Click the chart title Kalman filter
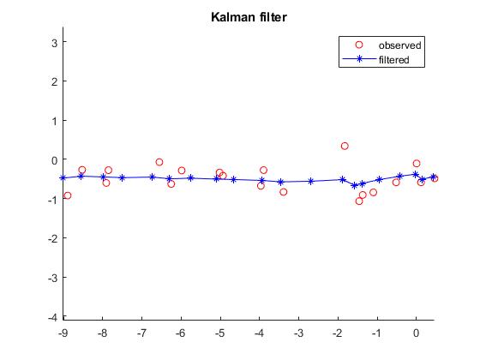(x=249, y=17)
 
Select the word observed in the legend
(x=399, y=45)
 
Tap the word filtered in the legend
(x=393, y=60)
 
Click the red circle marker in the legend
(x=359, y=45)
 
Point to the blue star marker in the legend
(x=359, y=59)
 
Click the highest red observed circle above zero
(x=345, y=146)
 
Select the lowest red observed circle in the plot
(x=359, y=201)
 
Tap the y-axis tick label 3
(x=55, y=43)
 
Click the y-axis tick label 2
(x=55, y=82)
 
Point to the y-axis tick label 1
(x=55, y=121)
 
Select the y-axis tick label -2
(x=52, y=239)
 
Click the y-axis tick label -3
(x=52, y=279)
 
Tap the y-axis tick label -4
(x=52, y=317)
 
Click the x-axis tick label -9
(x=63, y=333)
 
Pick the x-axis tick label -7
(x=141, y=333)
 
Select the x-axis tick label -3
(x=298, y=333)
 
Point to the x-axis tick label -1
(x=377, y=333)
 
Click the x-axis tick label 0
(x=416, y=333)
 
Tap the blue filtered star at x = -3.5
(x=281, y=182)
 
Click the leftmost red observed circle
(x=68, y=195)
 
